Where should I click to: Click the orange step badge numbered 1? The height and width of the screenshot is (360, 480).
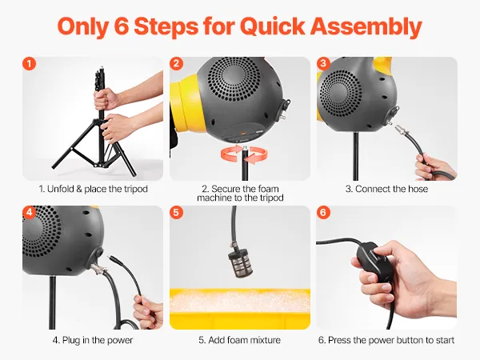(x=29, y=64)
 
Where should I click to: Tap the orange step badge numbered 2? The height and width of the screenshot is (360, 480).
(x=176, y=64)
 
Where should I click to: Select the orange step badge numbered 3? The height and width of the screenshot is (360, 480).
(x=323, y=64)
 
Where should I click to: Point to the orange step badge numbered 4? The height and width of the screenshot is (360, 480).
(x=29, y=212)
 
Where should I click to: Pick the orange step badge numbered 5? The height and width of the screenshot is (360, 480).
(x=176, y=212)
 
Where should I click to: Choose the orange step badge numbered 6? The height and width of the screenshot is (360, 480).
(x=323, y=212)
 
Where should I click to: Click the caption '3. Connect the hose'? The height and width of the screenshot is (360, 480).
(x=386, y=189)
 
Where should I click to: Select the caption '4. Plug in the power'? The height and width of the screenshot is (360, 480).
(x=93, y=340)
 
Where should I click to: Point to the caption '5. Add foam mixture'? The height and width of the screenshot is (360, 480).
(x=240, y=340)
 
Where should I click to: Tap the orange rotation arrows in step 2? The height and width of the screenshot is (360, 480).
(x=244, y=154)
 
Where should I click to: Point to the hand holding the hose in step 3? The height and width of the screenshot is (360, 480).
(x=434, y=167)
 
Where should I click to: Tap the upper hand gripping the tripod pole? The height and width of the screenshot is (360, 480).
(x=106, y=98)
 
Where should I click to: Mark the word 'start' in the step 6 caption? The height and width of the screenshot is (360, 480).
(x=443, y=341)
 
